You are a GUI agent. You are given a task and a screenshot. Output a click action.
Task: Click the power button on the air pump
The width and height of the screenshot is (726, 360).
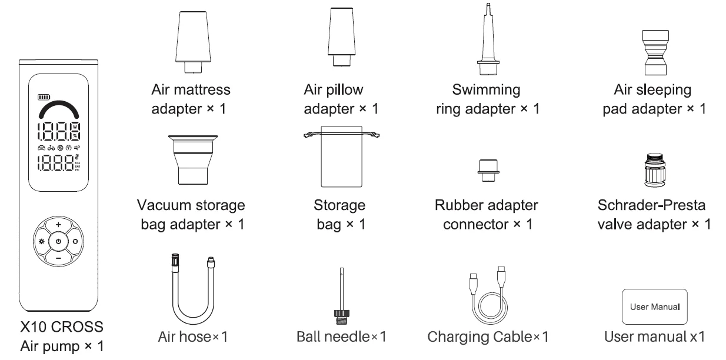click(58, 242)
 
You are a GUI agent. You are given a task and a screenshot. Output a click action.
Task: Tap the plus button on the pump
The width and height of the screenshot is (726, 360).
click(58, 225)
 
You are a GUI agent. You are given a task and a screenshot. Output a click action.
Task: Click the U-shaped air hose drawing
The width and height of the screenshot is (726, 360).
click(191, 288)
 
